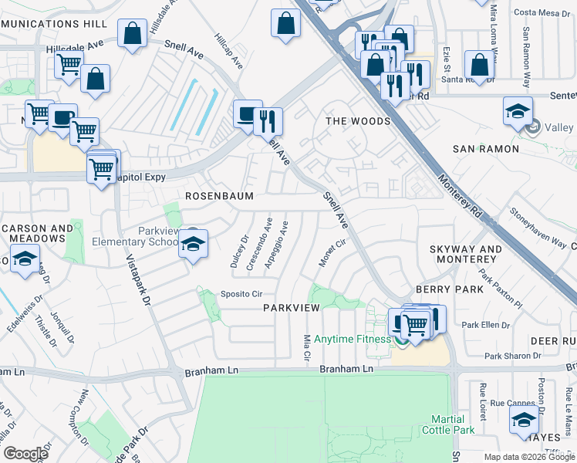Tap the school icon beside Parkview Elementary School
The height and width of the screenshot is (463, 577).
[x=192, y=245]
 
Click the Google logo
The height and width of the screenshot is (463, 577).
[x=25, y=454]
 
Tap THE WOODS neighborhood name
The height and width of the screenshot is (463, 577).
[x=357, y=121]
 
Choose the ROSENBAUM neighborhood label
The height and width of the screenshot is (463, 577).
[x=219, y=196]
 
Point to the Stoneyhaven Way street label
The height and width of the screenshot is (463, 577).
[x=537, y=225]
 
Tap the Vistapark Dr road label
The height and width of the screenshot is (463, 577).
[x=137, y=281]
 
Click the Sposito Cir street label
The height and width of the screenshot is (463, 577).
[x=242, y=294]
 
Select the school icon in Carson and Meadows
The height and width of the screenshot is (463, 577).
[x=25, y=259]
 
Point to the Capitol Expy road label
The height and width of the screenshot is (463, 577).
[x=145, y=176]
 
